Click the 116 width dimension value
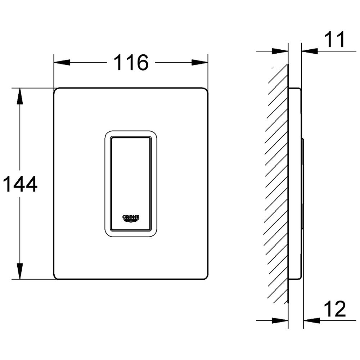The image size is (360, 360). pos(131,62)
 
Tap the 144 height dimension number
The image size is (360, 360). pos(20,184)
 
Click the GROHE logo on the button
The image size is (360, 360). pos(131,219)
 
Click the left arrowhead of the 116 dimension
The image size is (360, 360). pos(62,62)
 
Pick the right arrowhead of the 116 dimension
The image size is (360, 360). pos(200,62)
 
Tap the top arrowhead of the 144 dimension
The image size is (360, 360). pos(20,96)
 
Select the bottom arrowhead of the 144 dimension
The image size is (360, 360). pos(20,271)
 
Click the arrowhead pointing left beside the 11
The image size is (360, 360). pos(310,51)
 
